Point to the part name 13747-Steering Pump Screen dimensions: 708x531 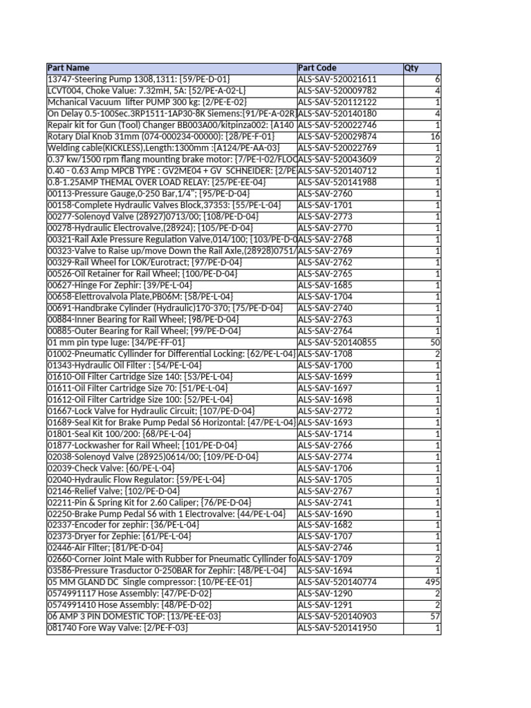(138, 80)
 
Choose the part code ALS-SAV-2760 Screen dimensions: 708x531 (325, 194)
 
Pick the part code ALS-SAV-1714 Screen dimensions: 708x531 (325, 434)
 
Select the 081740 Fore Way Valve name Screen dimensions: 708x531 (118, 628)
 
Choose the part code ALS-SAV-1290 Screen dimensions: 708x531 (325, 594)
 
